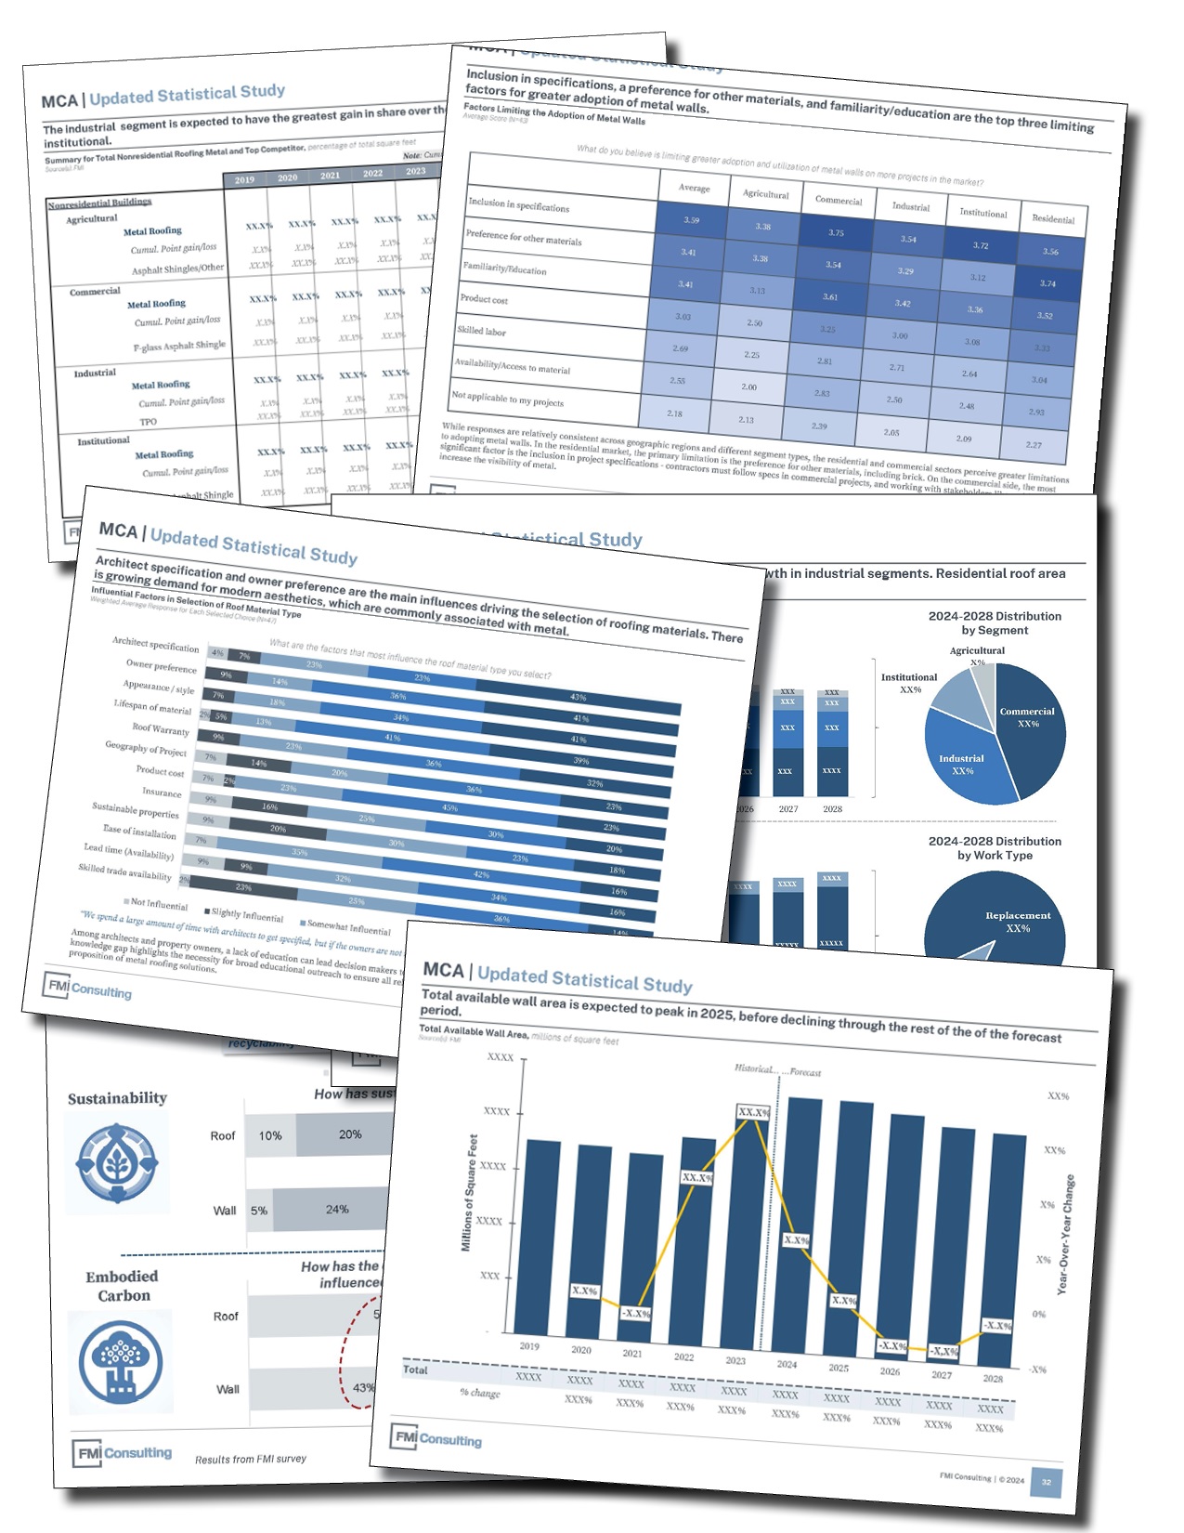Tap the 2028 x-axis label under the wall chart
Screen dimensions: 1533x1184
pos(993,1379)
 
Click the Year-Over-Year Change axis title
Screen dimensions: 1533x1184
pos(1067,1235)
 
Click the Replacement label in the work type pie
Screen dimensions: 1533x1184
pos(1018,916)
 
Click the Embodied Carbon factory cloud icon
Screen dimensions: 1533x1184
pos(121,1360)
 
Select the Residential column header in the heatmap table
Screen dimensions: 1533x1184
pos(1053,219)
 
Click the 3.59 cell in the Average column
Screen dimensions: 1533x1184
pos(691,220)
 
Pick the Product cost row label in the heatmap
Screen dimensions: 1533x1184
pos(484,299)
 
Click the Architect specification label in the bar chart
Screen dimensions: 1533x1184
pos(156,644)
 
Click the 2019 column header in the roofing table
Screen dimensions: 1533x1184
pos(244,180)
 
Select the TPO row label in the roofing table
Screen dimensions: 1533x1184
pos(149,422)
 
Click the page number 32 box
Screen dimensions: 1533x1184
pos(1047,1482)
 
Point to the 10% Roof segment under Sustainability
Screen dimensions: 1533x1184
pos(270,1135)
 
